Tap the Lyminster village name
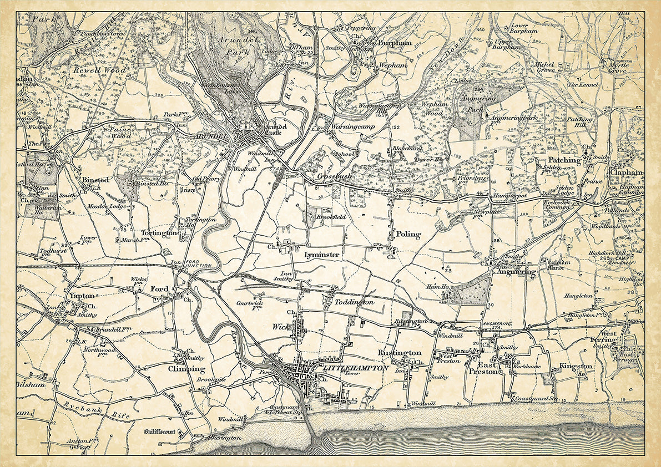[322, 254]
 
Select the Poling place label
[408, 235]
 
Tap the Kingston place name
[576, 367]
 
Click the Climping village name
[187, 369]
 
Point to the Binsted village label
[95, 180]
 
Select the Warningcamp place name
[354, 127]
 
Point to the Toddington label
[355, 303]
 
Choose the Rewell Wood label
[99, 70]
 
